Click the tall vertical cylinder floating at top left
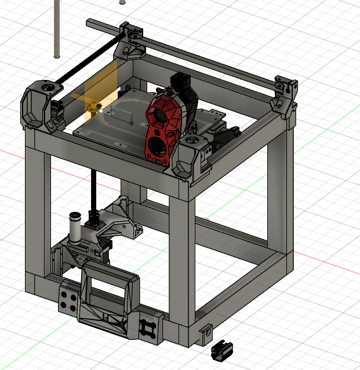coord(57,29)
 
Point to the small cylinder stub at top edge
coord(122,2)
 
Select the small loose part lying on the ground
coord(221,350)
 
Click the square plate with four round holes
coord(69,299)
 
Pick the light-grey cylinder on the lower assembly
coord(75,228)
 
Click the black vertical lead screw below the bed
coord(93,191)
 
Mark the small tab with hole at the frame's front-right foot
coord(205,332)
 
